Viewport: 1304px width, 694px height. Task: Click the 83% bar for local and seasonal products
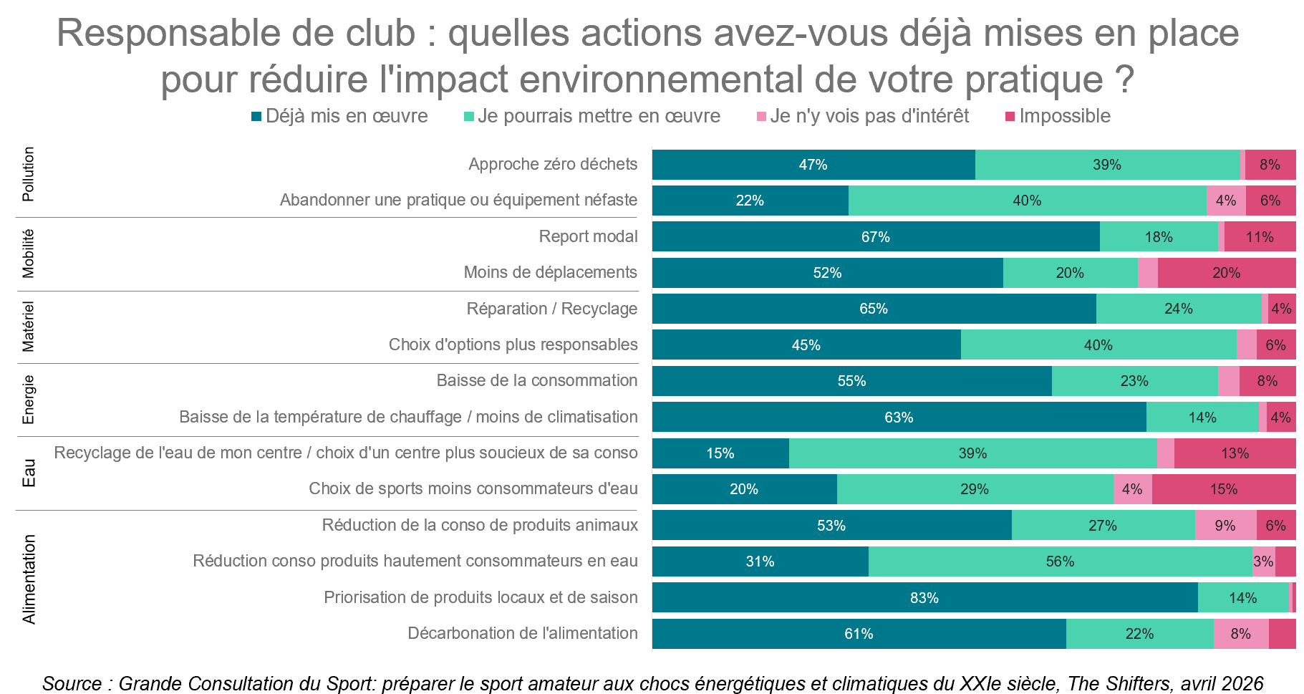924,597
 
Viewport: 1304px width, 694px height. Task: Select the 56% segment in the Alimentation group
1060,562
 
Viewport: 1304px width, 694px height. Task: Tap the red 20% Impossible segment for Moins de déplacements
1226,273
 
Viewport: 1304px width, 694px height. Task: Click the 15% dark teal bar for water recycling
720,453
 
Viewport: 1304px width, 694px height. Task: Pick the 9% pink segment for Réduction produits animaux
1225,526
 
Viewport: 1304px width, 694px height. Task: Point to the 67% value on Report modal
875,237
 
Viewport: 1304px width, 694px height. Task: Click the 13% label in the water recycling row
1235,453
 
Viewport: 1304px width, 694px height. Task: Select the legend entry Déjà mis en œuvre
339,116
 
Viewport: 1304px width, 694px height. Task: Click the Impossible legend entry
1058,116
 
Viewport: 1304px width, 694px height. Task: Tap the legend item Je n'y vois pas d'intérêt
862,116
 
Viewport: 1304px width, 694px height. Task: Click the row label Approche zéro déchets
553,164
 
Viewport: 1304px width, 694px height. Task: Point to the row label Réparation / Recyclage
551,309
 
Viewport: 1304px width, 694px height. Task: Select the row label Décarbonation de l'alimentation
522,633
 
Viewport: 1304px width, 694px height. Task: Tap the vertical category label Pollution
28,174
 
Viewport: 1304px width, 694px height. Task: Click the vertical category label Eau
28,473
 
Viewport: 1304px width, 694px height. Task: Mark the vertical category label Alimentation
28,579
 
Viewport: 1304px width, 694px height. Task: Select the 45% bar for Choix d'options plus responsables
806,345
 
